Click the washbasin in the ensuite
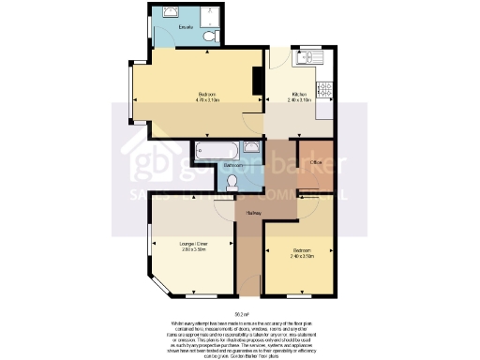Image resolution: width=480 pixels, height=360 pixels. [170, 12]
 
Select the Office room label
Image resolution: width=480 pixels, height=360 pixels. [315, 161]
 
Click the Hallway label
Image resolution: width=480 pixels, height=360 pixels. [253, 213]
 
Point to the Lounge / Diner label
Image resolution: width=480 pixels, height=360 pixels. [193, 244]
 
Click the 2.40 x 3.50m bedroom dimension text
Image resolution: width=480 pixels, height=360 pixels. [301, 255]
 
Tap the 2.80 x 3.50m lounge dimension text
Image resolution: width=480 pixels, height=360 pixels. [193, 249]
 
